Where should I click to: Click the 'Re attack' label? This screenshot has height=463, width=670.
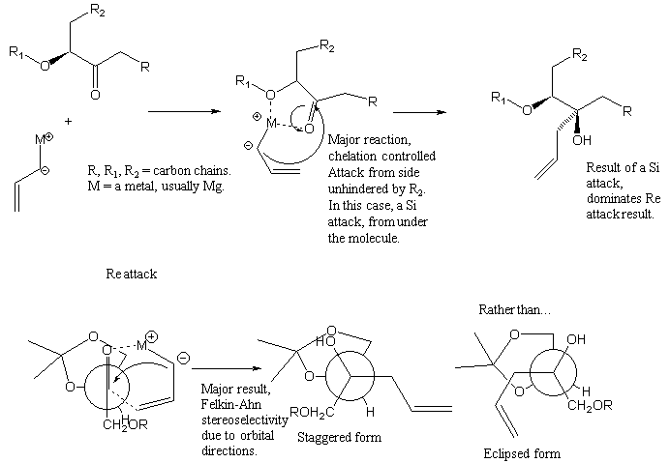coord(131,275)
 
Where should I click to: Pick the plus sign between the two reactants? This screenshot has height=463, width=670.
coord(69,122)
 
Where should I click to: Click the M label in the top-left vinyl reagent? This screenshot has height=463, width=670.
coord(42,141)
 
